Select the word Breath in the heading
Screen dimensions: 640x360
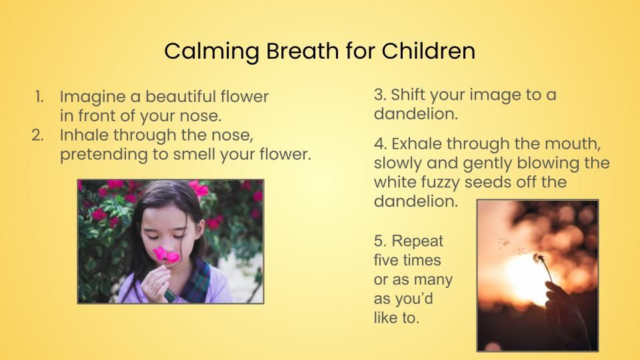[x=303, y=51]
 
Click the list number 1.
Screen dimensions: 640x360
[x=39, y=97]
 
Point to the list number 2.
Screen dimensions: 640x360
[x=37, y=135]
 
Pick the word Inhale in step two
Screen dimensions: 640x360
[x=84, y=135]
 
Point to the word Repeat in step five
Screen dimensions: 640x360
[x=417, y=241]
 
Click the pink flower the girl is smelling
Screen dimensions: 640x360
[x=167, y=255]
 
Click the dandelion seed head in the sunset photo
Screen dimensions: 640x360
[x=539, y=259]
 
